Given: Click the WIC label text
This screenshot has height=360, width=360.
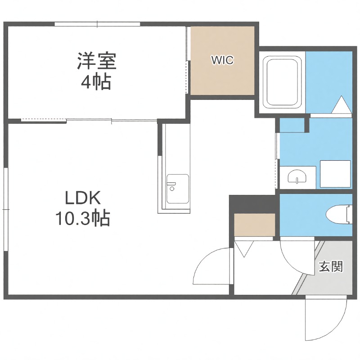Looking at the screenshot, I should coord(223,60).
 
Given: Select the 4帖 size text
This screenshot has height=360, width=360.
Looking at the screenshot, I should coord(97,82).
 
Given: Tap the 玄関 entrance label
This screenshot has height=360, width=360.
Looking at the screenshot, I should coord(331,266).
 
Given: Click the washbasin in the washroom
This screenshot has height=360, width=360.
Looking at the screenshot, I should coord(297,176).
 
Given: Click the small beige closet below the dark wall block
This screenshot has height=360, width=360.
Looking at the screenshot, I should coord(255,225).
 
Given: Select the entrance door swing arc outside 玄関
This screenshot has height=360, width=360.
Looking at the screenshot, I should coord(325,319).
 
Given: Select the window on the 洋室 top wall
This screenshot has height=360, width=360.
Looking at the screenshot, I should coord(96,24).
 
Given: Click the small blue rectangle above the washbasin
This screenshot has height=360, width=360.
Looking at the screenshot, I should coord(292,126).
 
